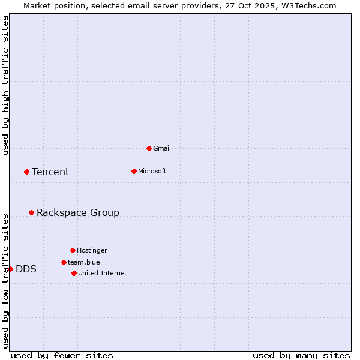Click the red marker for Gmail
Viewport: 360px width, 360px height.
149,148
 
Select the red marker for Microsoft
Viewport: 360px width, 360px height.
134,171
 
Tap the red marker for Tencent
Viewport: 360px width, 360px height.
26,172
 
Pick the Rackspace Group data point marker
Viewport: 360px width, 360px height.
31,212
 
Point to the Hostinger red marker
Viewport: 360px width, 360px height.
73,250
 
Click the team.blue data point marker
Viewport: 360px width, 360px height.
64,262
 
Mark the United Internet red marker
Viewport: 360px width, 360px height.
74,273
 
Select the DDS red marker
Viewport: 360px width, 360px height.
10,269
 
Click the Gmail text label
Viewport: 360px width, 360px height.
162,148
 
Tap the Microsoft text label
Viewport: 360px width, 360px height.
152,171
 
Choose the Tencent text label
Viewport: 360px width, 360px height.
50,172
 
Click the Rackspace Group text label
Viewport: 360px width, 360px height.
78,212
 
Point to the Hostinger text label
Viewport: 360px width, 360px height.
92,250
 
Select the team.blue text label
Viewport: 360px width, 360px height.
84,262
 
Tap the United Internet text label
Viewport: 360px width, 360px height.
103,273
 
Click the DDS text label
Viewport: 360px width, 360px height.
26,269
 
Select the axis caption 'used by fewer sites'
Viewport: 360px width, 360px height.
62,355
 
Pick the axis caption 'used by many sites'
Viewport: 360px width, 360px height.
301,355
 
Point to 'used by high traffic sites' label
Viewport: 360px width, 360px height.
5,85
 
